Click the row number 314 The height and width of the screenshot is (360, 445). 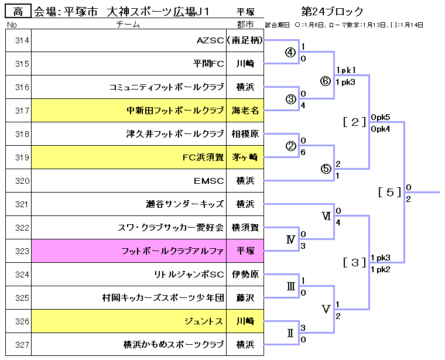(22, 40)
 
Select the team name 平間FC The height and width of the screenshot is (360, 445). (208, 64)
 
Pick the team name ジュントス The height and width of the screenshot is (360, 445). (204, 321)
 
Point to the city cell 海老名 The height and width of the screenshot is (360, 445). (246, 111)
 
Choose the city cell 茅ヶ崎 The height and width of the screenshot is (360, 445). (246, 157)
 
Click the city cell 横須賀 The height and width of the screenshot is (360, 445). (246, 228)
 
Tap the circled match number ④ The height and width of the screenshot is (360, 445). (290, 52)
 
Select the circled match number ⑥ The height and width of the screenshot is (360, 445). (326, 81)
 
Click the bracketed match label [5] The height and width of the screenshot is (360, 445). (390, 192)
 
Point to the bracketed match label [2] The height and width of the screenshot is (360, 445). (355, 122)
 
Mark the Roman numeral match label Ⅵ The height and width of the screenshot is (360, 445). (326, 216)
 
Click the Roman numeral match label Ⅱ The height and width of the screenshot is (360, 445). (290, 333)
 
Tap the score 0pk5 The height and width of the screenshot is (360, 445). (381, 117)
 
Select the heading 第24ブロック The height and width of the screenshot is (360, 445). (333, 11)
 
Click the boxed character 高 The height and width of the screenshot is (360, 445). (18, 11)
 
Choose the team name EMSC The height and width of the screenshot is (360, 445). (209, 181)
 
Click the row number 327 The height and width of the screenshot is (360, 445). (22, 345)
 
